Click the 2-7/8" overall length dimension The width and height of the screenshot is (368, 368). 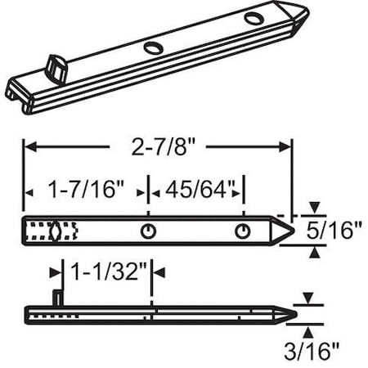(157, 148)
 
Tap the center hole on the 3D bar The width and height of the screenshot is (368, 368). (153, 48)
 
